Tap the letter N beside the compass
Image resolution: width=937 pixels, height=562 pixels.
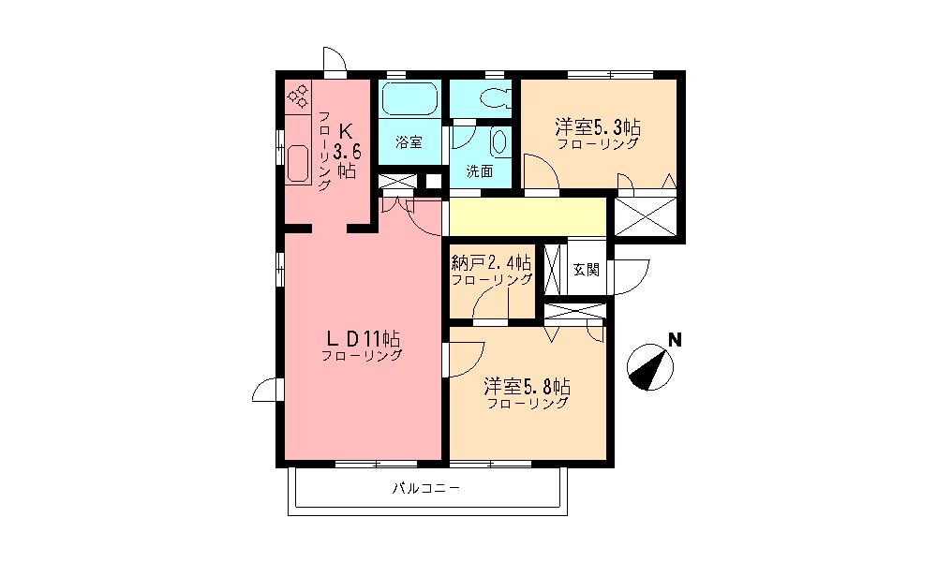674,341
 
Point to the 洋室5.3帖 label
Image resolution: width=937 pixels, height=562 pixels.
598,126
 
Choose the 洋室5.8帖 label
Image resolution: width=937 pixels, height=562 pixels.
528,386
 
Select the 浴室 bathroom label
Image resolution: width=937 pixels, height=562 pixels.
409,143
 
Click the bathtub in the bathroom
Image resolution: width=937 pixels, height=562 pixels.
409,97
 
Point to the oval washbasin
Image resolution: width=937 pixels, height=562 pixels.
498,143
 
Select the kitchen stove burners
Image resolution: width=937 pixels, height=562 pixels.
299,95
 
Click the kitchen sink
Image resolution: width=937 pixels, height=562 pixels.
299,163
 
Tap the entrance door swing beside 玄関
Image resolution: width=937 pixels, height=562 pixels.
632,273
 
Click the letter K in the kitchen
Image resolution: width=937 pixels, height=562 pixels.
345,129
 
